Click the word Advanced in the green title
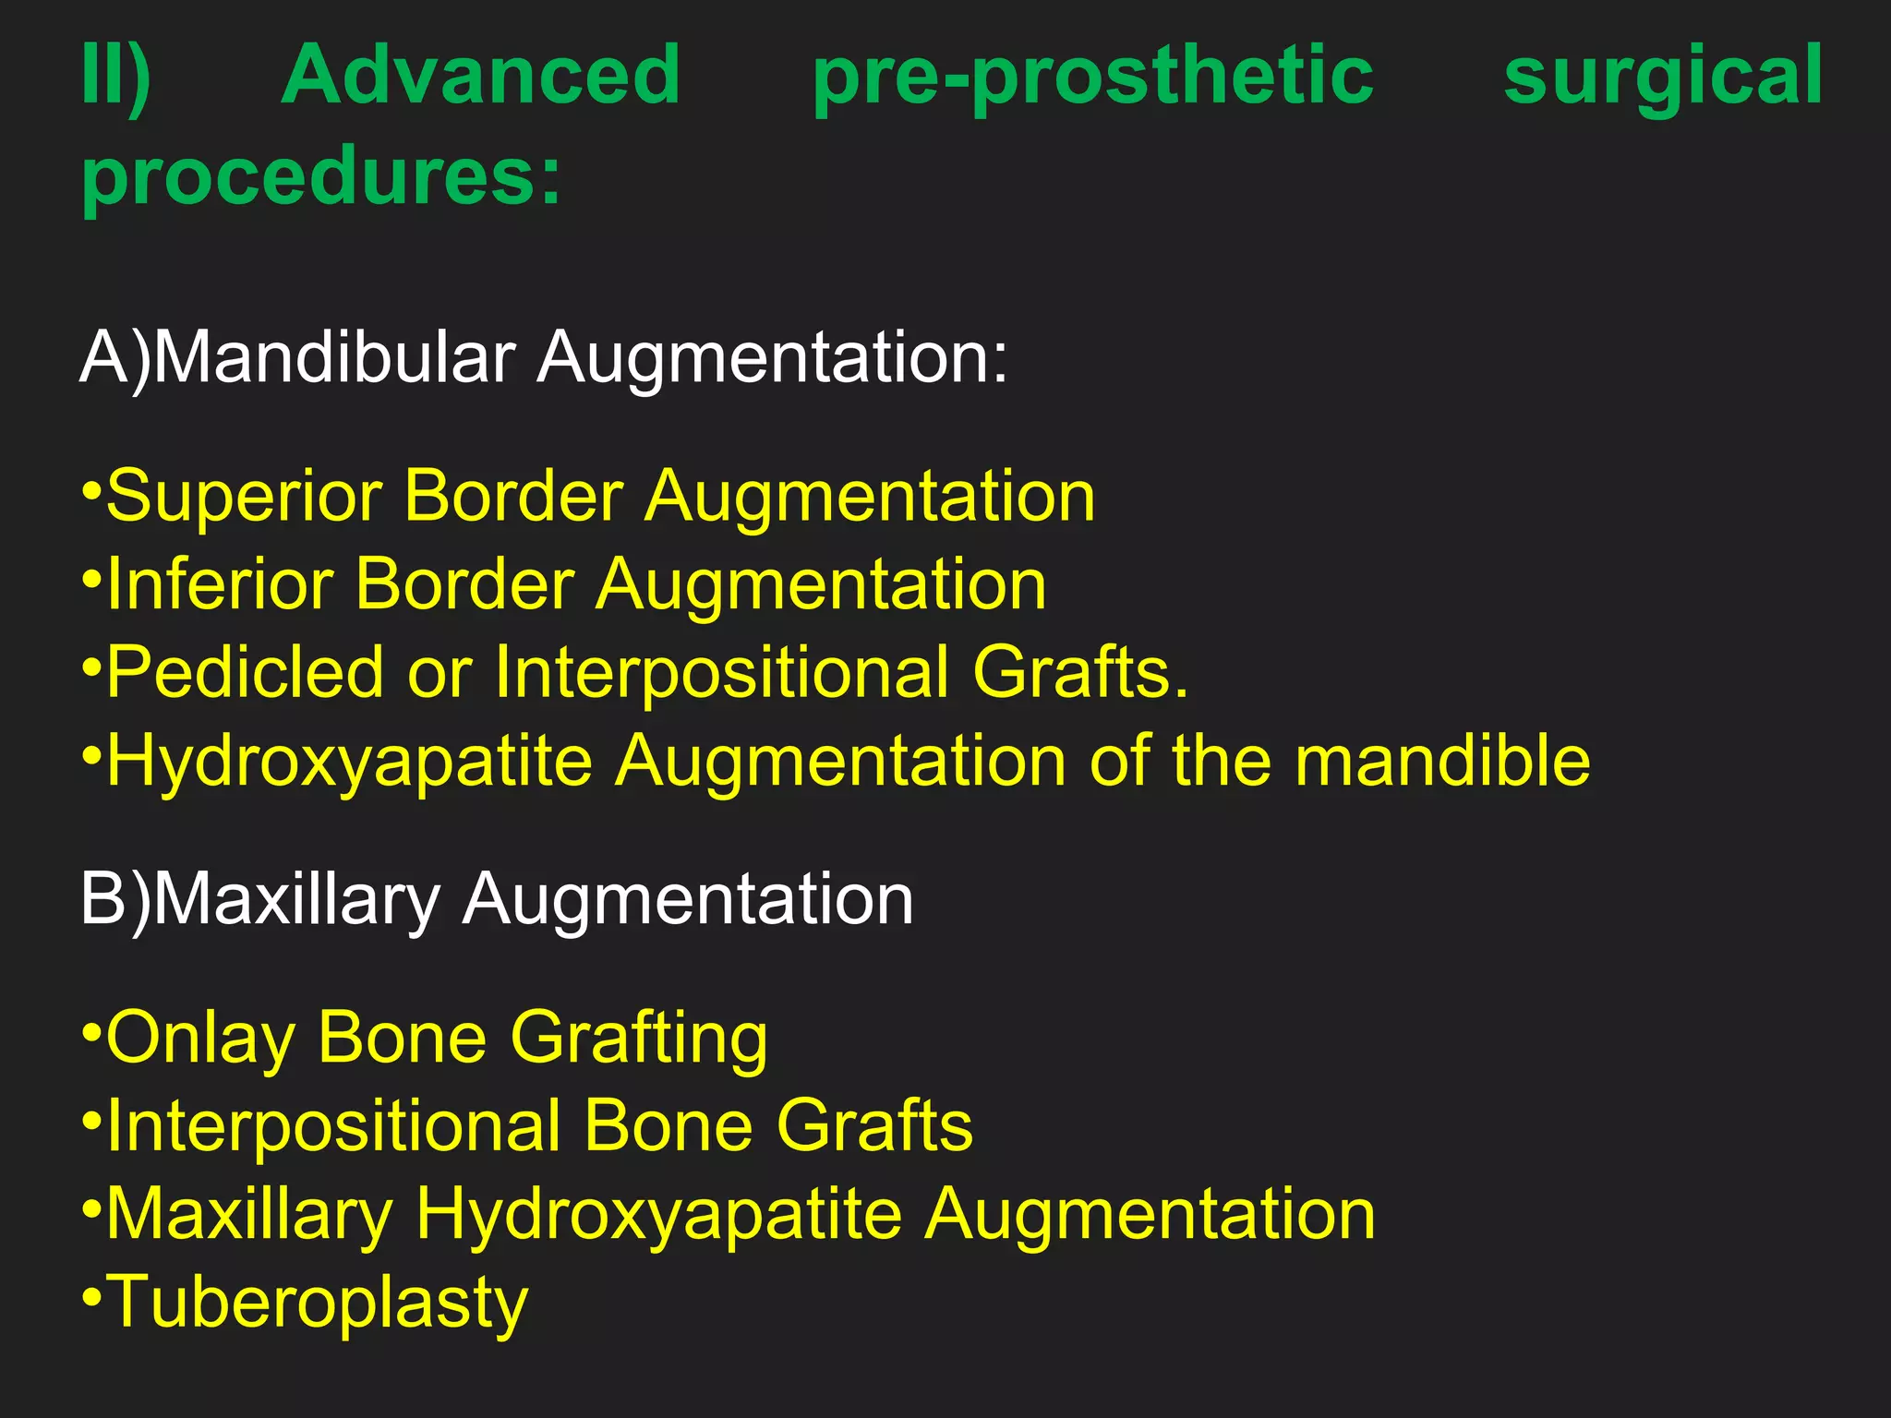coord(480,76)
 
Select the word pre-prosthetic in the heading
coord(1092,78)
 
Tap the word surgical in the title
coord(1663,78)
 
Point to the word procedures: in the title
coord(321,177)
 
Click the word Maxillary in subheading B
coord(296,899)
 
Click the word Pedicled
coord(245,673)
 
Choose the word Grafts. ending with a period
coord(1080,673)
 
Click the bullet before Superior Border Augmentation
coord(91,488)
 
